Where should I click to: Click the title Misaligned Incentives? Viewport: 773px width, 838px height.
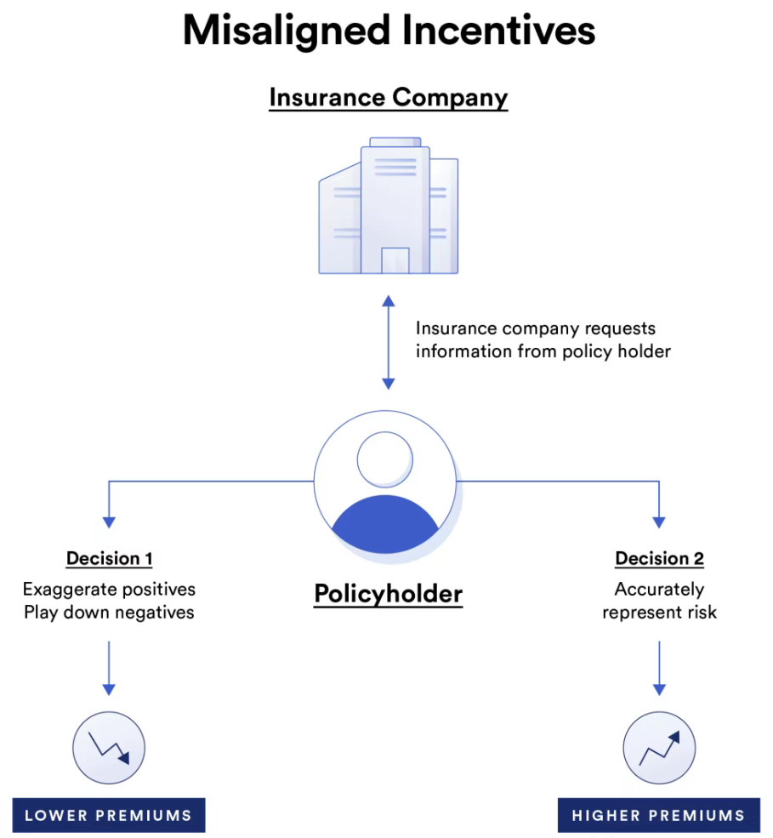click(x=389, y=31)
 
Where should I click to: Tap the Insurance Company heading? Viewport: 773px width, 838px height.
click(x=389, y=97)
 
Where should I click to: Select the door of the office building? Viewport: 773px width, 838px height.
click(x=395, y=260)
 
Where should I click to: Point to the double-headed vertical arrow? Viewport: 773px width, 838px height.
click(x=389, y=342)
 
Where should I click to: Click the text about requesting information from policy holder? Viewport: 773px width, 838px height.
click(x=543, y=339)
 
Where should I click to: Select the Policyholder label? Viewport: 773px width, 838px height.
click(x=389, y=593)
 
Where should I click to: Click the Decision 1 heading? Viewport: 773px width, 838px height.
click(x=109, y=559)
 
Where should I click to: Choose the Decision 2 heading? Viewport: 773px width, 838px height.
click(x=659, y=559)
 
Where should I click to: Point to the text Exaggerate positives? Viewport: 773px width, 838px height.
click(x=109, y=589)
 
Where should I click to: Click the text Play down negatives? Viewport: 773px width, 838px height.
click(x=109, y=613)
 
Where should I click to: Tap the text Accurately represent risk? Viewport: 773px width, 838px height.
click(x=659, y=601)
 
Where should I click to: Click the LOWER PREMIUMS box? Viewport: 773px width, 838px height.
click(x=109, y=815)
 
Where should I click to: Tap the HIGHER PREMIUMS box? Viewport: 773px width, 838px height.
click(x=659, y=815)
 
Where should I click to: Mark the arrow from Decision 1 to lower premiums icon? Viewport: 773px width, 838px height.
click(x=109, y=667)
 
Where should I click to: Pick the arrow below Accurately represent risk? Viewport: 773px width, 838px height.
click(x=659, y=667)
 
